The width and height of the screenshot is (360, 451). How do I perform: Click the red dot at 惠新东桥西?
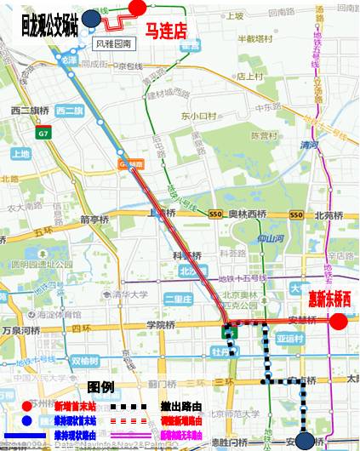click(x=338, y=321)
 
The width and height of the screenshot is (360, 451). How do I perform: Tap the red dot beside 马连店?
click(x=136, y=7)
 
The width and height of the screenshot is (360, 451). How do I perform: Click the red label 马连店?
click(x=166, y=32)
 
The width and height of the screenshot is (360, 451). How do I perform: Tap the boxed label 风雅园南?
click(x=114, y=42)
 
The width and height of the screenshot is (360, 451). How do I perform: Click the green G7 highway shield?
click(x=44, y=134)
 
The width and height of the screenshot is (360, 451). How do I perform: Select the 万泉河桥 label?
click(x=19, y=328)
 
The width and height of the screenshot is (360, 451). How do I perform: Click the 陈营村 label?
click(x=265, y=135)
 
